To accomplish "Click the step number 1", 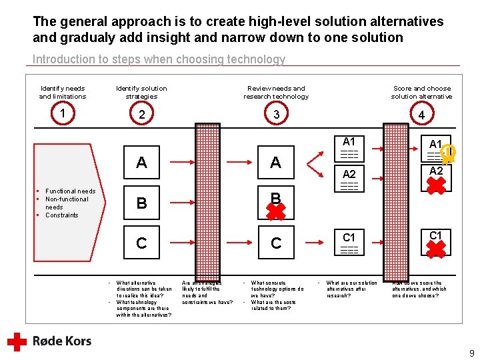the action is click(x=62, y=113).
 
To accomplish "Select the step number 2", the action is click(x=141, y=115).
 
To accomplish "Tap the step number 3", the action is click(x=276, y=115).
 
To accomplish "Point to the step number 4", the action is click(x=421, y=115).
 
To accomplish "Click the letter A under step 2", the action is click(x=141, y=163).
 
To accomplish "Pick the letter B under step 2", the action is click(x=141, y=203).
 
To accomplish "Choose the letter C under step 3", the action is click(x=276, y=243).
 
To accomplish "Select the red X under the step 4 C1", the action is click(x=436, y=249).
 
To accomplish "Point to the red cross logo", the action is click(x=17, y=341).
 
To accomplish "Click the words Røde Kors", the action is click(x=62, y=341).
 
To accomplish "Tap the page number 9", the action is click(x=471, y=353).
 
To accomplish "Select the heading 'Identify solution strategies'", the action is click(x=141, y=92).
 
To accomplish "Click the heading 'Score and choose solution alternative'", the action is click(x=421, y=92).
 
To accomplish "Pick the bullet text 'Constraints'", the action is click(x=61, y=215).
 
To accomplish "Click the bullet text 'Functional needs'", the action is click(x=70, y=191).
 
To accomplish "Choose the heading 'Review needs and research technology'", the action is click(x=276, y=92).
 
